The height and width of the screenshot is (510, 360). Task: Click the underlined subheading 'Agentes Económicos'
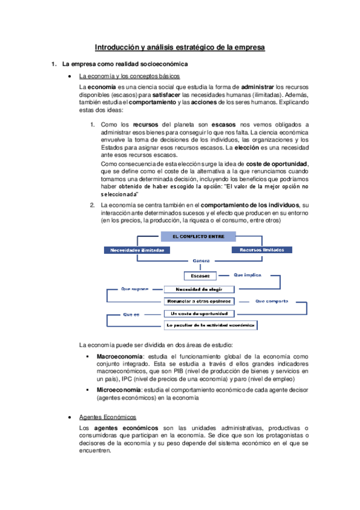coord(108,417)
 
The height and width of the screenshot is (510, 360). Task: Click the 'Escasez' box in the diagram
coord(200,276)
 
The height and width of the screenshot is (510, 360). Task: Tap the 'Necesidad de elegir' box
coord(201,289)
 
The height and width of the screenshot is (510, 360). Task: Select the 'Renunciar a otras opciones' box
coord(201,301)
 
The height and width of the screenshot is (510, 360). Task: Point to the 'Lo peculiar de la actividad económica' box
coord(211,325)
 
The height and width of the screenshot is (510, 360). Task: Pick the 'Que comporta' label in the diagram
coord(272,301)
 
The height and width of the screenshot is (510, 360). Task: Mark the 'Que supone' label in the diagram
coord(135,288)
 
